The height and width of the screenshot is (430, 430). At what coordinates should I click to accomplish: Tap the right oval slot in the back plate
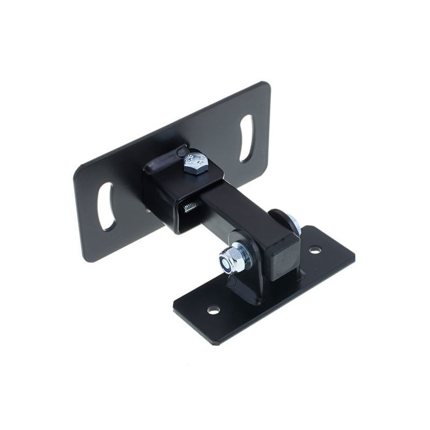pyautogui.click(x=247, y=138)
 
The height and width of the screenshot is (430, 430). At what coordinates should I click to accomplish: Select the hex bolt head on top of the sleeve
pyautogui.click(x=195, y=161)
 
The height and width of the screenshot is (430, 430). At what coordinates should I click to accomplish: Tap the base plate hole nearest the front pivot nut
pyautogui.click(x=214, y=310)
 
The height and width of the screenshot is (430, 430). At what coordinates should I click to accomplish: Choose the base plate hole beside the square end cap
pyautogui.click(x=315, y=250)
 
